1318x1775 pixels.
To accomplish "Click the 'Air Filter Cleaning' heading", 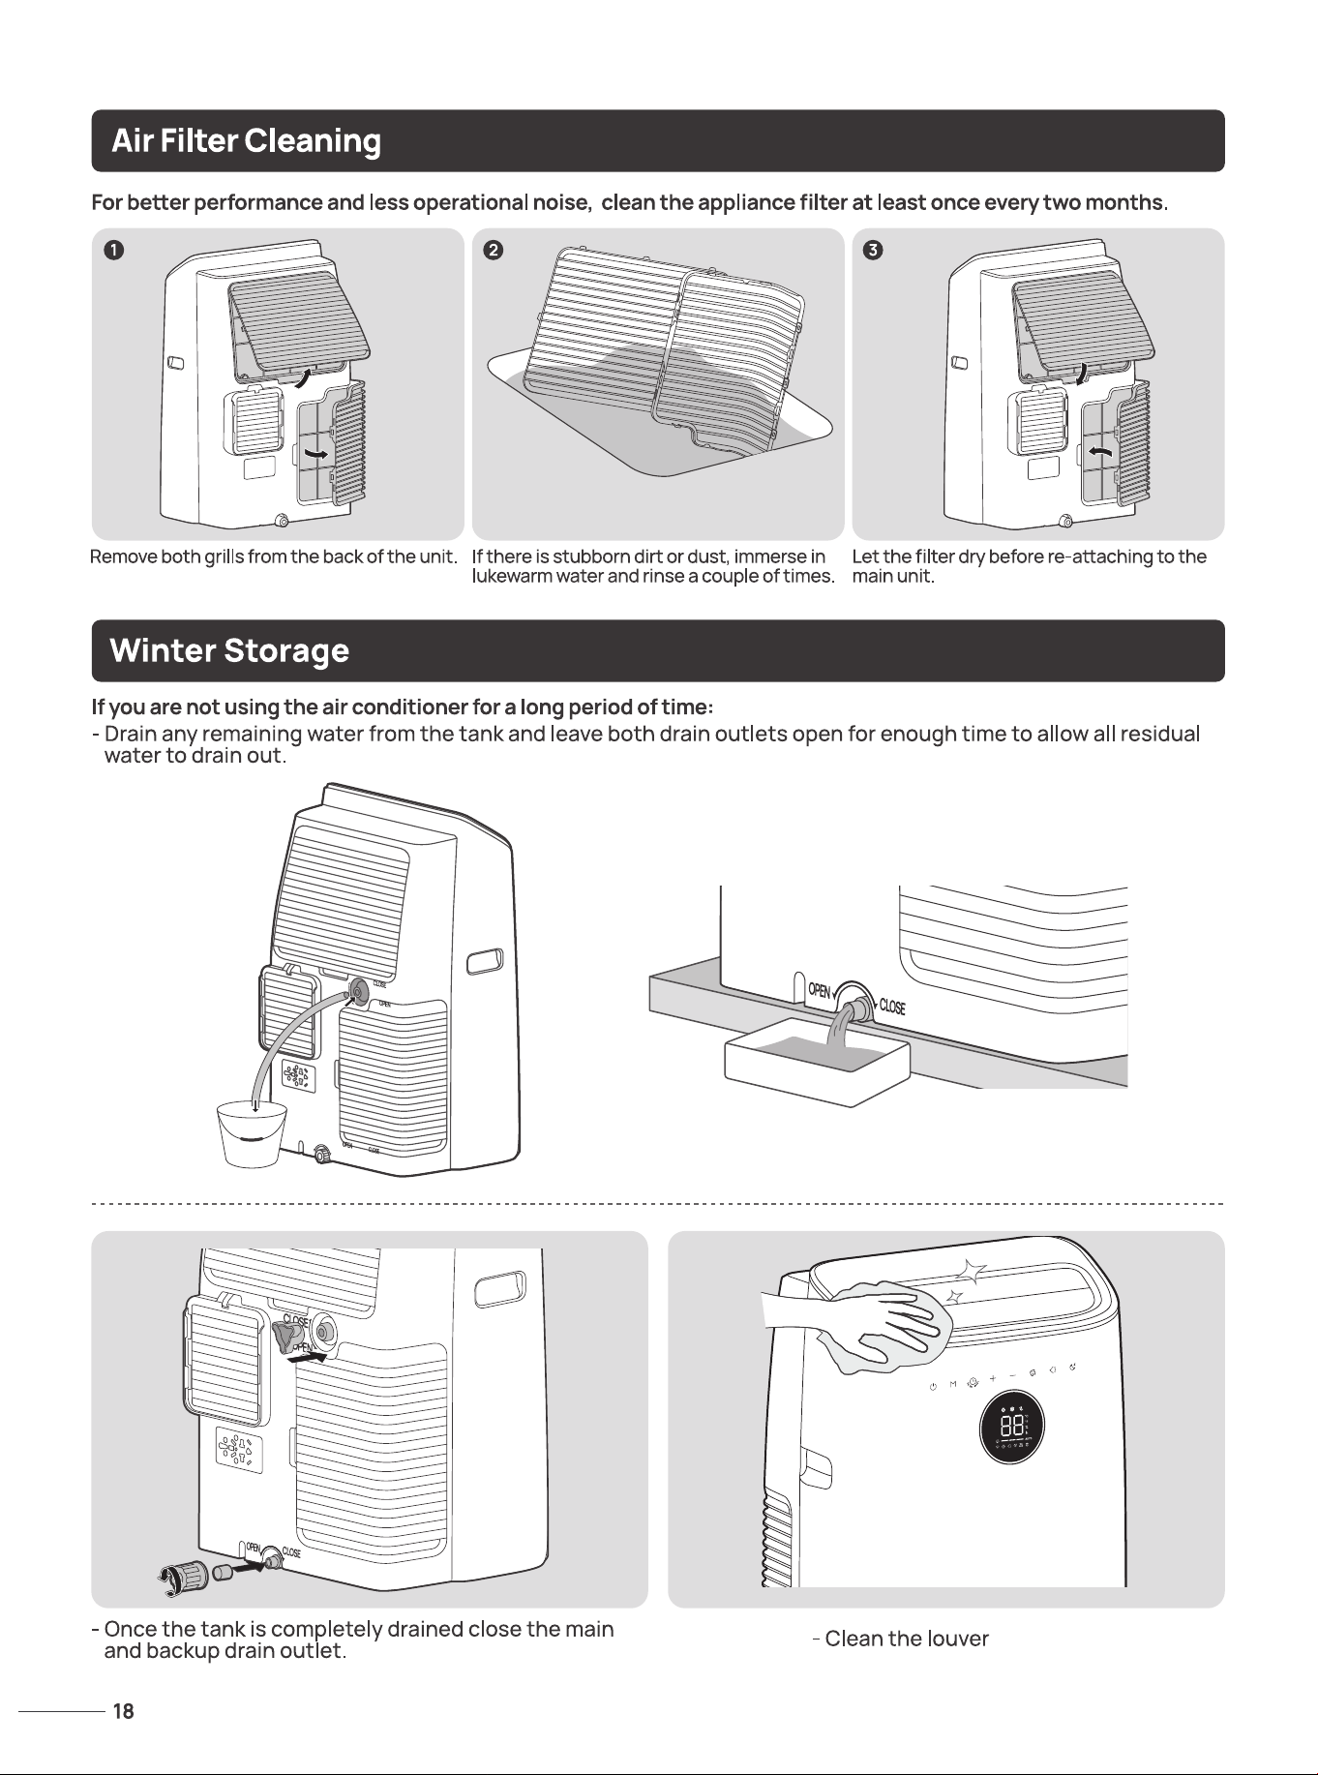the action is coord(246,141).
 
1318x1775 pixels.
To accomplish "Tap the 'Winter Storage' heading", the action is coord(229,650).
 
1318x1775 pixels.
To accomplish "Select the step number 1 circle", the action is coord(114,251).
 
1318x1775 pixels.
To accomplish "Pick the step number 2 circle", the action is coord(493,251).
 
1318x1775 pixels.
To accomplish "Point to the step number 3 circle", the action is coord(873,251).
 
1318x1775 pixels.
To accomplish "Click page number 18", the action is coord(123,1711).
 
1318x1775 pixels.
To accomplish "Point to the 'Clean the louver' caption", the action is coord(901,1639).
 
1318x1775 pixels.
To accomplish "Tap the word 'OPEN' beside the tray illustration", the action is coord(819,991).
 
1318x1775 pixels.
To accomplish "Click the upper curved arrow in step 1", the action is coord(304,377).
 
